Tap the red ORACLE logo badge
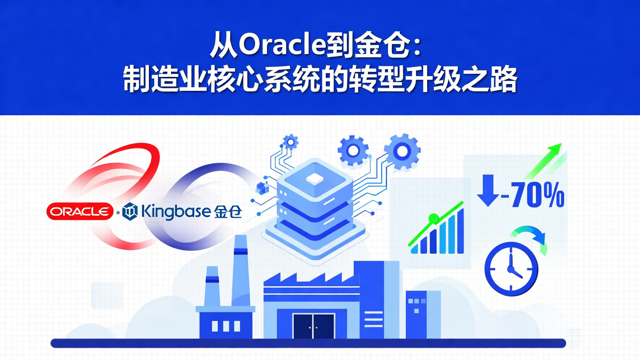click(x=80, y=212)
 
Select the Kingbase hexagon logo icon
click(x=130, y=211)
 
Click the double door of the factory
click(x=313, y=326)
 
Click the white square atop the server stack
click(x=315, y=178)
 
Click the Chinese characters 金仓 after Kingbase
click(x=228, y=212)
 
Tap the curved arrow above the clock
click(x=531, y=238)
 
